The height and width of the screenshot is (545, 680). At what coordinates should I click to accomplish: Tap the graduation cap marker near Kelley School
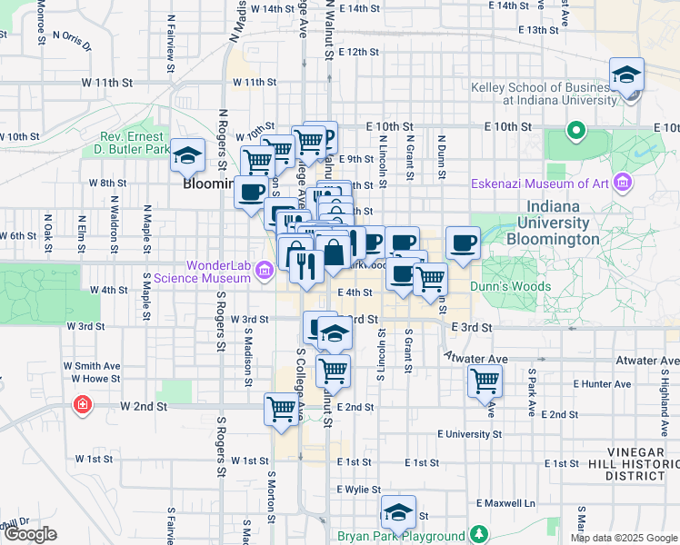(x=627, y=76)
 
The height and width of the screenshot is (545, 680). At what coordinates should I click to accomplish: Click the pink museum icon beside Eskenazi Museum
(x=623, y=184)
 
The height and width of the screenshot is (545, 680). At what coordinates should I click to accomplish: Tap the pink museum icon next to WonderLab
(x=265, y=270)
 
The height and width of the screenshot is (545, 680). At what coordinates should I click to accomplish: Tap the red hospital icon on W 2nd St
(x=83, y=403)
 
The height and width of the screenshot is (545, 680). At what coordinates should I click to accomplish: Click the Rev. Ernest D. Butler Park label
(x=135, y=143)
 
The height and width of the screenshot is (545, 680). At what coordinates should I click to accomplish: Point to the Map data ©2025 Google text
(x=624, y=538)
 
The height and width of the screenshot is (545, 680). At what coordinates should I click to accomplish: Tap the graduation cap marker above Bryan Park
(x=398, y=513)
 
